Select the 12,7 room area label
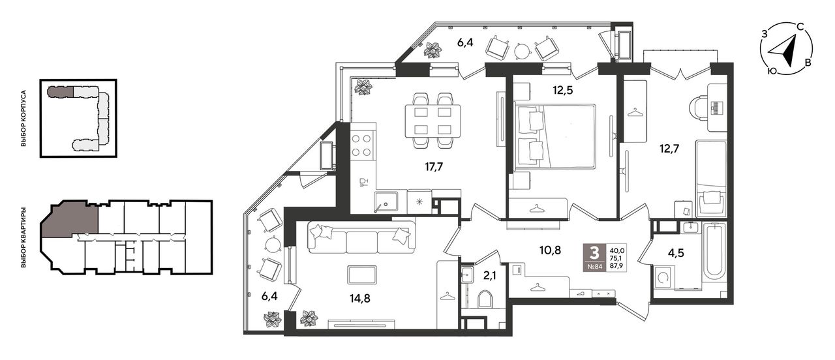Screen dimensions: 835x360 pyautogui.click(x=669, y=149)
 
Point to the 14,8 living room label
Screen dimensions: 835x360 pyautogui.click(x=360, y=298)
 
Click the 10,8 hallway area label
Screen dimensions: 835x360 pyautogui.click(x=550, y=250)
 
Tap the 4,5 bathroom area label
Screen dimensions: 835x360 pyautogui.click(x=676, y=253)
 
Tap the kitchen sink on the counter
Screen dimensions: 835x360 pyautogui.click(x=386, y=202)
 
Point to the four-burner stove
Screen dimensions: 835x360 pyautogui.click(x=361, y=145)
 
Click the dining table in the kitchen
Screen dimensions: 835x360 pyautogui.click(x=433, y=121)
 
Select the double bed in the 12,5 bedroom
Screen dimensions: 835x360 pyautogui.click(x=554, y=137)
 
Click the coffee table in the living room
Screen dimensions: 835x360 pyautogui.click(x=361, y=275)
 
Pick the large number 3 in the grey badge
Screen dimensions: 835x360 pyautogui.click(x=594, y=253)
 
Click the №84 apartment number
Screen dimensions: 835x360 pyautogui.click(x=595, y=266)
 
